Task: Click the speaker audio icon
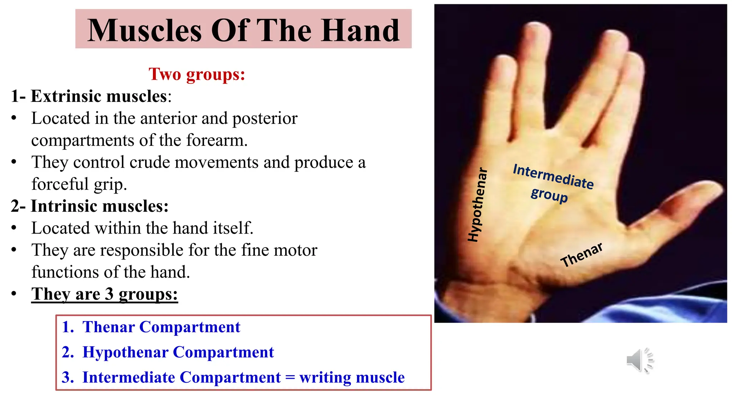pos(639,360)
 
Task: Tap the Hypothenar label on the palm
pos(478,205)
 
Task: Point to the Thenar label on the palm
pos(582,255)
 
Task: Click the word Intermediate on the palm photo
pos(553,176)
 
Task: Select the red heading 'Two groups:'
pos(197,74)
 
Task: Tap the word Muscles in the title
pos(145,31)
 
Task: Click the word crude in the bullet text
pos(149,162)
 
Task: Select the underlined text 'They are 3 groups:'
pos(104,294)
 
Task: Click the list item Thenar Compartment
pos(161,327)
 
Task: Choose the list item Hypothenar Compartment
pos(178,352)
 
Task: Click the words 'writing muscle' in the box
pos(352,377)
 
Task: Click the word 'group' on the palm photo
pos(549,195)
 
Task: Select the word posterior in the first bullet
pos(264,118)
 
